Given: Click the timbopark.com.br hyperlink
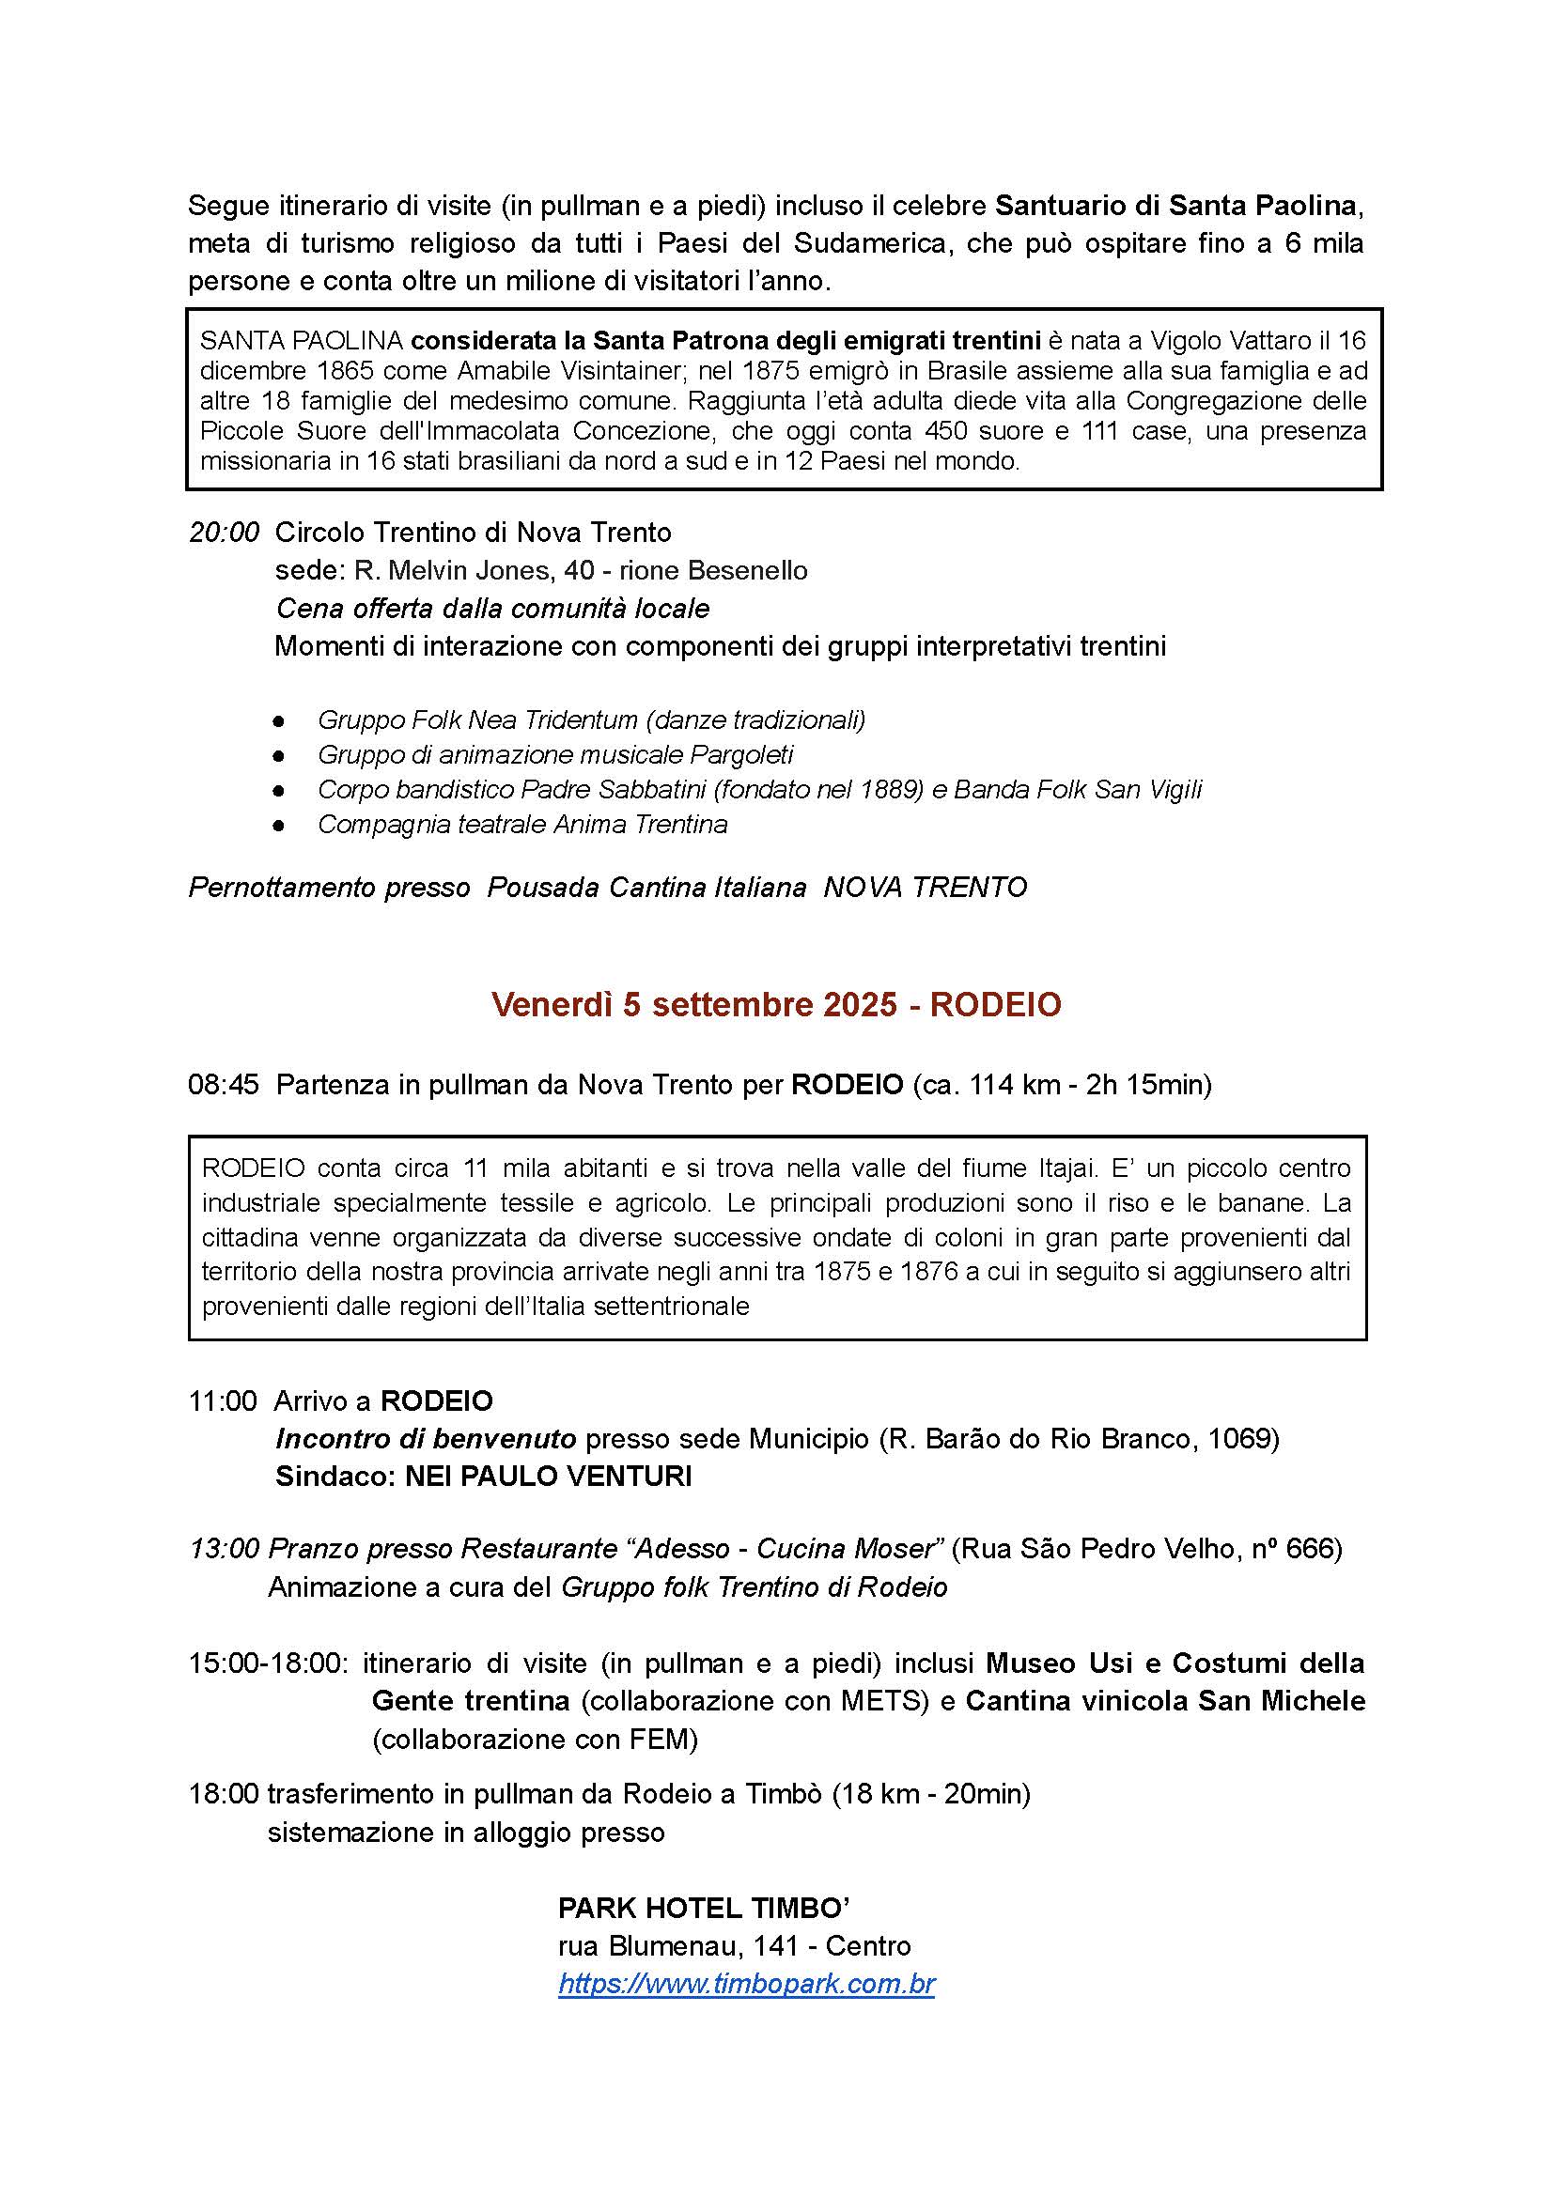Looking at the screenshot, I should click(x=746, y=1984).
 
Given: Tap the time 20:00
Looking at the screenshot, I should click(x=225, y=533).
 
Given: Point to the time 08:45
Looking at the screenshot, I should click(x=224, y=1085).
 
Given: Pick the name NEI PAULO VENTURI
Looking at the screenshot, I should click(x=548, y=1476).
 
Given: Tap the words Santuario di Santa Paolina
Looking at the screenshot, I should click(x=1175, y=205).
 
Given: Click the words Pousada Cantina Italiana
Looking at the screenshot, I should click(x=646, y=888).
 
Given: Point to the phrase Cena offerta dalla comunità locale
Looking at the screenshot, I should click(x=492, y=608).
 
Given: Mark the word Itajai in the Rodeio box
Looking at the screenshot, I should click(x=1054, y=1168).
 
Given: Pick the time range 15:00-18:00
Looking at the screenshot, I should click(x=269, y=1663).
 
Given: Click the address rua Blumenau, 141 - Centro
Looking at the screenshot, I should click(x=734, y=1945).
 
